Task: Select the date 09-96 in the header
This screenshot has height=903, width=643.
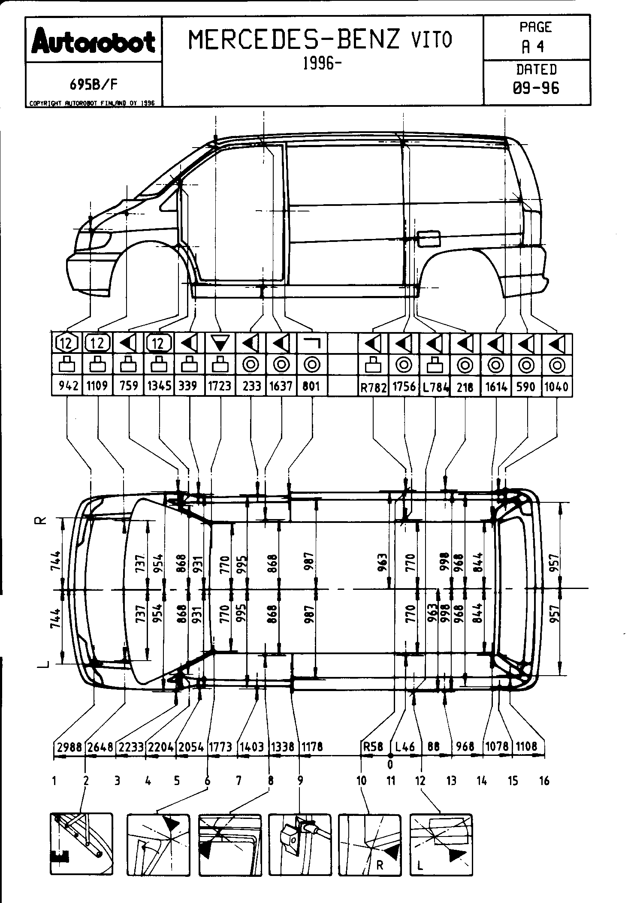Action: coord(536,88)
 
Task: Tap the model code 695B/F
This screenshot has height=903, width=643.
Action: coord(94,85)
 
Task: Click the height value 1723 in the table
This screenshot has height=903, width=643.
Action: coord(220,387)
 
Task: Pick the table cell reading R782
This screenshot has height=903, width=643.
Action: coord(373,387)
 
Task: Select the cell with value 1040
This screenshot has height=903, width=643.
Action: coord(556,387)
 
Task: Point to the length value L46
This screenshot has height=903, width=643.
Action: coord(405,747)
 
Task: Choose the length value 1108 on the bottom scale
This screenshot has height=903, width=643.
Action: coord(527,747)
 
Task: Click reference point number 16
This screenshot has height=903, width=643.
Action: coord(544,781)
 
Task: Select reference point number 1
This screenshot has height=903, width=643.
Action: coord(54,781)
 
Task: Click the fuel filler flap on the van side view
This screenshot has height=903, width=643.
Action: coord(429,238)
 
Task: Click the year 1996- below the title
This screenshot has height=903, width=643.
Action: coord(319,63)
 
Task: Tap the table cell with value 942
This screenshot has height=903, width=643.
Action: coord(67,387)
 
